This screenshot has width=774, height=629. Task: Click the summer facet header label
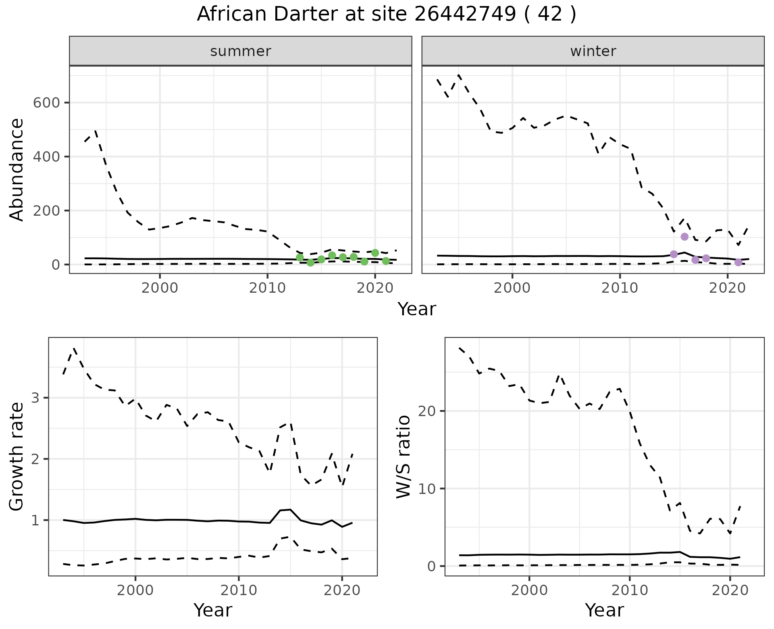pyautogui.click(x=241, y=51)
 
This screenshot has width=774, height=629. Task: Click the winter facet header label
pyautogui.click(x=593, y=51)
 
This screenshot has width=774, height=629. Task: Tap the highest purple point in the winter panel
pyautogui.click(x=685, y=237)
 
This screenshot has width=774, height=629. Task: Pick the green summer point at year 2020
pyautogui.click(x=375, y=253)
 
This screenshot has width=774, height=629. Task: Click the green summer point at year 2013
pyautogui.click(x=300, y=257)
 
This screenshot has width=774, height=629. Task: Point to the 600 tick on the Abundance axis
pyautogui.click(x=46, y=103)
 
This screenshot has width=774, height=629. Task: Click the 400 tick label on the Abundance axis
pyautogui.click(x=46, y=156)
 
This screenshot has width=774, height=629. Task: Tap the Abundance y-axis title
pyautogui.click(x=17, y=169)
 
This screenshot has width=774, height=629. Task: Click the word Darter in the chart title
pyautogui.click(x=304, y=15)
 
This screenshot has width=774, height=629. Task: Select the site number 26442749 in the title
pyautogui.click(x=465, y=15)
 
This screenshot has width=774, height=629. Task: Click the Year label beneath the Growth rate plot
pyautogui.click(x=213, y=610)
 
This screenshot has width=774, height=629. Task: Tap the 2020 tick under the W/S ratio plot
pyautogui.click(x=730, y=591)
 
